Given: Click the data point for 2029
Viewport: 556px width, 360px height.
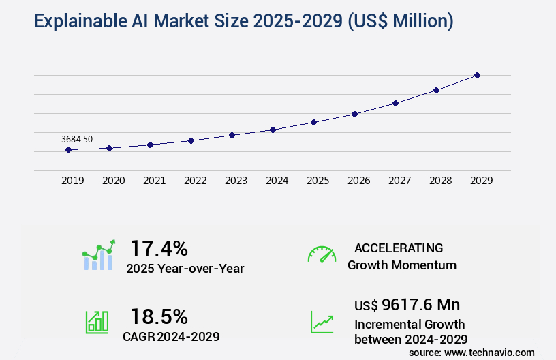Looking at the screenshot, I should coord(477,75).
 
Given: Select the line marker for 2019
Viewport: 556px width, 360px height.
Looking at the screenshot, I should coord(68,149).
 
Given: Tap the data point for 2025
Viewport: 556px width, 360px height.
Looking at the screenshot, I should coord(313,122).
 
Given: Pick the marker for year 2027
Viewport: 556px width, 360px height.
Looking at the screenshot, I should coord(395,103).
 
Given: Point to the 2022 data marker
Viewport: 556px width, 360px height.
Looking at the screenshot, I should coord(191,140).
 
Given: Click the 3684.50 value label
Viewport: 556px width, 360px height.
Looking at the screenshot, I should coord(77,139).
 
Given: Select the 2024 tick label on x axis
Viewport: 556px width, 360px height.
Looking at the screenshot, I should coord(277,181).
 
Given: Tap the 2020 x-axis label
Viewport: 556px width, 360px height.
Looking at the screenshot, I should coord(113,181).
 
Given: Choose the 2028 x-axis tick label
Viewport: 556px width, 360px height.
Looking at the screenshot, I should coord(440,181).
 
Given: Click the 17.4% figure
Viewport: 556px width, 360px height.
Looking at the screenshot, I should coord(159,247).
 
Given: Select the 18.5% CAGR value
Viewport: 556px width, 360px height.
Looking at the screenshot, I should coord(159,316).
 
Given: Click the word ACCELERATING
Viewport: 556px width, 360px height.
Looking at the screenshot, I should coord(399,247).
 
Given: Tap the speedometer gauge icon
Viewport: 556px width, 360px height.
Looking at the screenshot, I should coord(322,254).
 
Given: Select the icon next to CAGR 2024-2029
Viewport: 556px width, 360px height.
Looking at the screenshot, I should coord(97,322).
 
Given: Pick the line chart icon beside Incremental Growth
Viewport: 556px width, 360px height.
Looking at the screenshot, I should coord(322,322).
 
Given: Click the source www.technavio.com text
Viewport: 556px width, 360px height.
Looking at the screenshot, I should coord(472,352).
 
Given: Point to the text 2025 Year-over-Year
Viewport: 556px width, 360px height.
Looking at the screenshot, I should coord(185,269).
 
